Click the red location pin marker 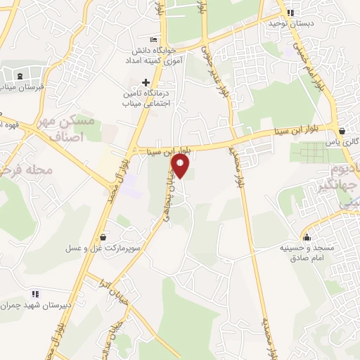(181, 167)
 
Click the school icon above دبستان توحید (290, 12)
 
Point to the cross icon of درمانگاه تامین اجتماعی (146, 83)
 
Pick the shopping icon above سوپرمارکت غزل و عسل (103, 237)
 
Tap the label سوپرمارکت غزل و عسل (103, 248)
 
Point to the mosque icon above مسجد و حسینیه (306, 236)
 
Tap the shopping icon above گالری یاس (342, 130)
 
